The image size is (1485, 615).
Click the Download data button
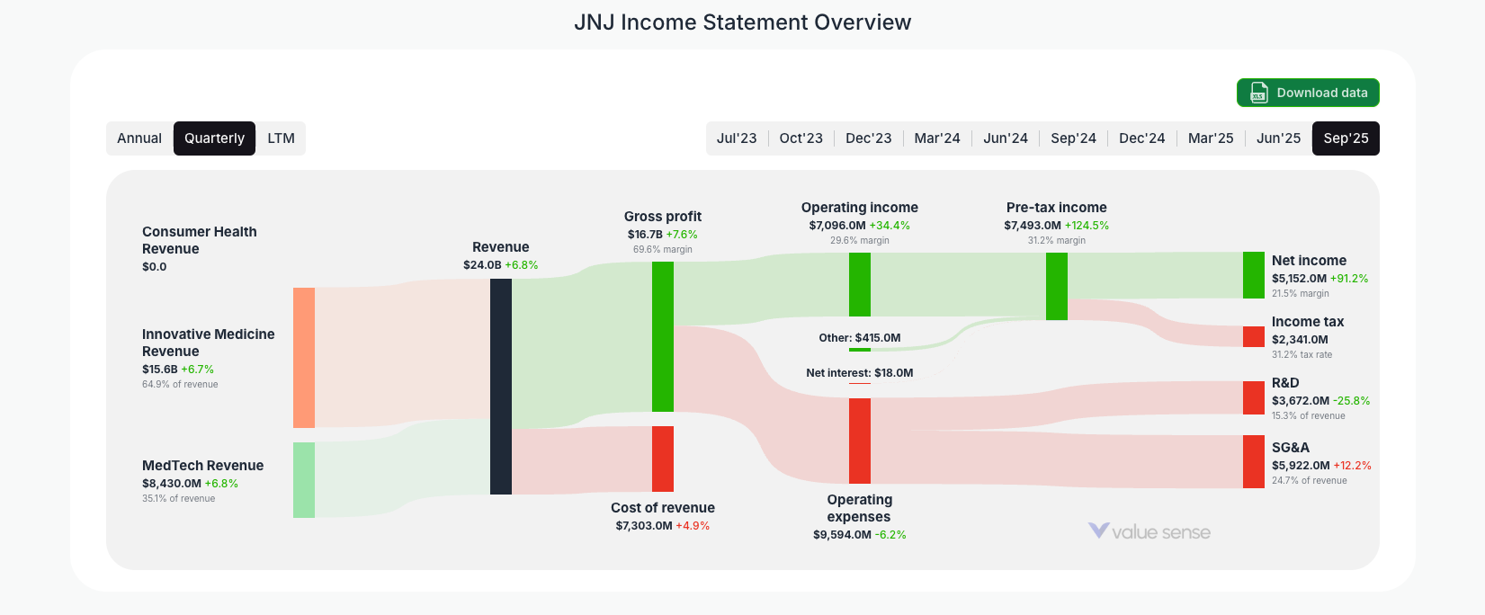point(1307,93)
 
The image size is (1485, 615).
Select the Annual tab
point(139,138)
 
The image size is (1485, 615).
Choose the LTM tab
point(281,138)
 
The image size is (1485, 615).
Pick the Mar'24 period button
point(936,138)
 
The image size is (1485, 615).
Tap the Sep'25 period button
point(1345,138)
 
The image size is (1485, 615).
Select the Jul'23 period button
point(736,138)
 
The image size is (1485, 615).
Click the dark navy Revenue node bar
point(500,387)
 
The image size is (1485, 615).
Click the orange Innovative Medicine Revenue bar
point(304,358)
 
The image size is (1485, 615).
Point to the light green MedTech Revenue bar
point(304,480)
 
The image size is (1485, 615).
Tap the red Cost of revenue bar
point(662,459)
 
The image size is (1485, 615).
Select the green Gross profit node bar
point(662,336)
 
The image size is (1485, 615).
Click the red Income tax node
point(1253,336)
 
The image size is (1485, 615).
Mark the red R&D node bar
point(1253,397)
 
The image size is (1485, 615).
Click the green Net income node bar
point(1253,275)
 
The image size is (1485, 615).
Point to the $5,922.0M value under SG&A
point(1300,466)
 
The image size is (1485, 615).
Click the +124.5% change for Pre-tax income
point(1087,226)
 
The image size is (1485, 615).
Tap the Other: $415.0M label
point(859,338)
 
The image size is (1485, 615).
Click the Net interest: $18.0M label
point(859,373)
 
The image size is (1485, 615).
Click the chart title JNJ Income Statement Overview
point(742,22)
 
